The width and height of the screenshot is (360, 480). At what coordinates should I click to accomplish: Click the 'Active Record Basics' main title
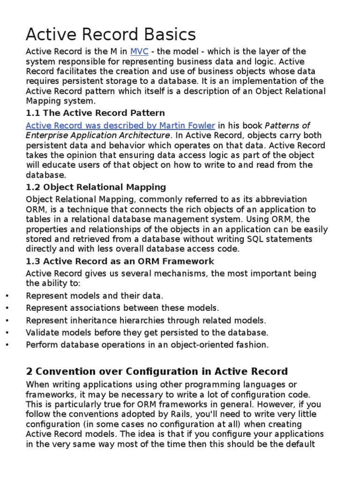(111, 34)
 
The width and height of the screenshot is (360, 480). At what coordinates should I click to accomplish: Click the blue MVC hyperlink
(139, 52)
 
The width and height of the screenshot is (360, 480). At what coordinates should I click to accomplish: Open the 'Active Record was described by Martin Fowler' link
(120, 125)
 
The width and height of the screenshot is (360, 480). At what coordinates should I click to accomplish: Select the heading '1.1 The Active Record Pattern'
(95, 113)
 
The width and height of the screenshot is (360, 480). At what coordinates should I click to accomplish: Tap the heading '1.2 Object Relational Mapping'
(96, 187)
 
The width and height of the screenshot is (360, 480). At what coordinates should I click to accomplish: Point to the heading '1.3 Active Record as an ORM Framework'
(120, 261)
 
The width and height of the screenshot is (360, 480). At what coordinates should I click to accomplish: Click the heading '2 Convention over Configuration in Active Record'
(157, 372)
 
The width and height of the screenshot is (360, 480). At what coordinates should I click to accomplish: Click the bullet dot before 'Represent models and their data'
(7, 296)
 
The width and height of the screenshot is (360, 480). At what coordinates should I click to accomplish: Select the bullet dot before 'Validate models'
(7, 333)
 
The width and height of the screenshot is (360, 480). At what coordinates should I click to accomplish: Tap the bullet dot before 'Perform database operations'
(7, 345)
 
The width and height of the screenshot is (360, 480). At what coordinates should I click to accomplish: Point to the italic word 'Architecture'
(144, 135)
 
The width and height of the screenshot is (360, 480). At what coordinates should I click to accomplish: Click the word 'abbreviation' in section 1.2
(280, 199)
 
